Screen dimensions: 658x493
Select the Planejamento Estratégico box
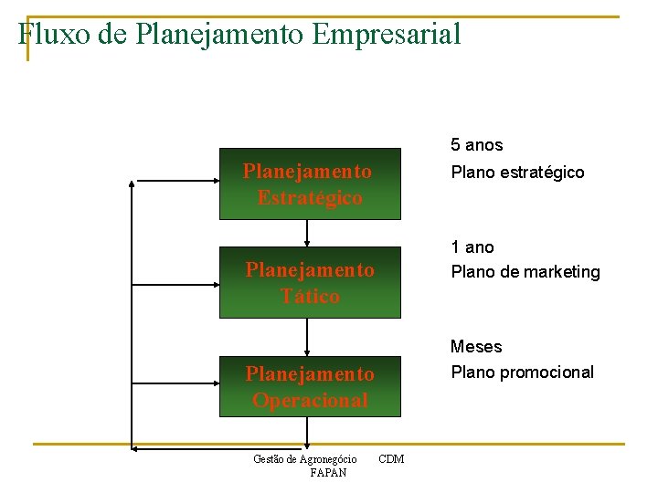tap(309, 184)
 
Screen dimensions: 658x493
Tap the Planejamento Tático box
tap(309, 283)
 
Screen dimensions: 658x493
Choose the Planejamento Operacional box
tap(309, 387)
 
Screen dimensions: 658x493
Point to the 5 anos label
tap(476, 145)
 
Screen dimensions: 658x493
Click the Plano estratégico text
tap(517, 173)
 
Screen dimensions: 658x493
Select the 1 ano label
tap(472, 247)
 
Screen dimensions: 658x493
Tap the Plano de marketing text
tap(525, 272)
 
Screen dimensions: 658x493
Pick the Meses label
tap(476, 347)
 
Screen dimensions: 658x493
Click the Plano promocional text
tap(522, 372)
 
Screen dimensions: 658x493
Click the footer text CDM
tap(391, 458)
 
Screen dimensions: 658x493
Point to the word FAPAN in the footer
tap(328, 473)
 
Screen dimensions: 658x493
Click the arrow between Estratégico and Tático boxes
tap(308, 234)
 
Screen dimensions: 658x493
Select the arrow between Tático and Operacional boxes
tap(308, 337)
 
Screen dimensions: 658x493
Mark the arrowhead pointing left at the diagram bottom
tap(133, 447)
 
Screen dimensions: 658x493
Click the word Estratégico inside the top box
tap(309, 198)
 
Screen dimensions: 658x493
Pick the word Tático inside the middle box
tap(310, 297)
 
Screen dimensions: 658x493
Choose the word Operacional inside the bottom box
tap(310, 401)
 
